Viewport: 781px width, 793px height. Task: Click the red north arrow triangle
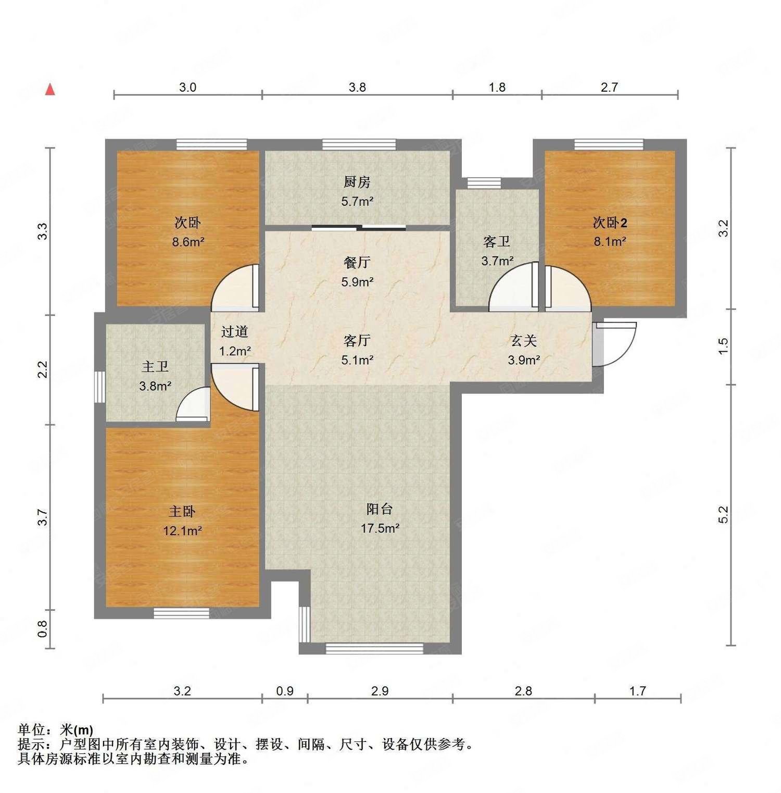(x=50, y=90)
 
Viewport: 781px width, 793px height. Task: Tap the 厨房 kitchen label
(x=357, y=182)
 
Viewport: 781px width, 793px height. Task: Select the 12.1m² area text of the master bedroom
(x=182, y=531)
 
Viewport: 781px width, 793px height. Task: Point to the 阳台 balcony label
(x=380, y=509)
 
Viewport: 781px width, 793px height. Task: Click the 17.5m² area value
(x=380, y=528)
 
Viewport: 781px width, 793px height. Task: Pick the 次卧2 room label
(x=610, y=223)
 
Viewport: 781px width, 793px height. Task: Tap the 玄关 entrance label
(x=523, y=341)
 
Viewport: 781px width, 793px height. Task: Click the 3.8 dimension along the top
(x=357, y=87)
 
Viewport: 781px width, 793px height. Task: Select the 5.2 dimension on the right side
(x=723, y=514)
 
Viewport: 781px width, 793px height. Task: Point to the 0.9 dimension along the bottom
(x=285, y=691)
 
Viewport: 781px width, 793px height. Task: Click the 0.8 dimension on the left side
(x=43, y=628)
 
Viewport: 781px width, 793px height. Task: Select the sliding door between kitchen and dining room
(x=359, y=227)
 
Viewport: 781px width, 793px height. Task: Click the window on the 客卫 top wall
(x=484, y=182)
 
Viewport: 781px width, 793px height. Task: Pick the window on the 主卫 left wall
(x=99, y=386)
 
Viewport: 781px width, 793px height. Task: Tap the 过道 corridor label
(x=234, y=332)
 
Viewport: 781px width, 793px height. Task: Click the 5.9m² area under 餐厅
(x=357, y=282)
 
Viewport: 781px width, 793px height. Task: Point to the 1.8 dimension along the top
(x=497, y=87)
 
